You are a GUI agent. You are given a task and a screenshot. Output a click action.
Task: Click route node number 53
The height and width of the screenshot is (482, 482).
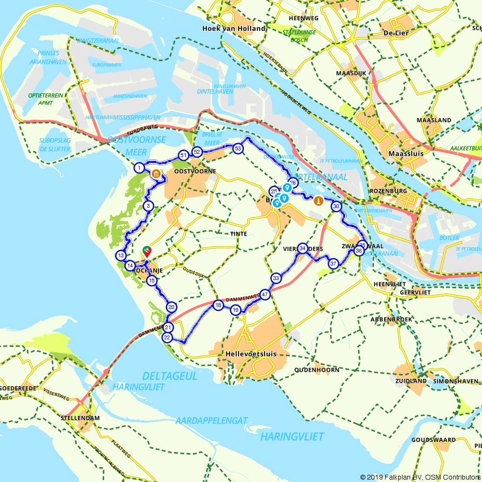pyautogui.click(x=237, y=148)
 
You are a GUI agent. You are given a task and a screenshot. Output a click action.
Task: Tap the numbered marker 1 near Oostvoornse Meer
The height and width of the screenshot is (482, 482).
pyautogui.click(x=139, y=168)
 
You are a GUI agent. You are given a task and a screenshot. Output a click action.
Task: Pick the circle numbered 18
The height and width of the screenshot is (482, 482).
pyautogui.click(x=218, y=305)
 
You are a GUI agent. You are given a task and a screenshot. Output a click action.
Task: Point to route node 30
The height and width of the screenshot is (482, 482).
pyautogui.click(x=336, y=206)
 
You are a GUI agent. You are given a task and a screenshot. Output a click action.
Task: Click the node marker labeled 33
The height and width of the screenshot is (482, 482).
pyautogui.click(x=276, y=278)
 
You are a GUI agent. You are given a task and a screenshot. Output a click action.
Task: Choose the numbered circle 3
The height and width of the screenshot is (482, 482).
pyautogui.click(x=148, y=206)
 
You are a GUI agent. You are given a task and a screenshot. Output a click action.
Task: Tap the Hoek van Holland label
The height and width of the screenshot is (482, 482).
pyautogui.click(x=234, y=28)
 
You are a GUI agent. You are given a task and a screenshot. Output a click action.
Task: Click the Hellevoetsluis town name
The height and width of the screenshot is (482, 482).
pyautogui.click(x=251, y=354)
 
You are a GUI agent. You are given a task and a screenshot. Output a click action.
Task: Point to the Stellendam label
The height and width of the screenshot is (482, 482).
pyautogui.click(x=80, y=418)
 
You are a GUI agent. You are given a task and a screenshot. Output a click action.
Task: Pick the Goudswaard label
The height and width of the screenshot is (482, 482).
pyautogui.click(x=434, y=440)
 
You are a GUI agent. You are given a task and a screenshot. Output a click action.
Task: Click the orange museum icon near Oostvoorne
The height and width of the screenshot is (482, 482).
pyautogui.click(x=156, y=174)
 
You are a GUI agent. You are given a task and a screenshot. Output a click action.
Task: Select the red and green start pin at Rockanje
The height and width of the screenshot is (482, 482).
pyautogui.click(x=146, y=251)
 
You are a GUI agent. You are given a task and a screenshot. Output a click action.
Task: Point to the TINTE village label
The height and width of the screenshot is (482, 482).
pyautogui.click(x=239, y=234)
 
